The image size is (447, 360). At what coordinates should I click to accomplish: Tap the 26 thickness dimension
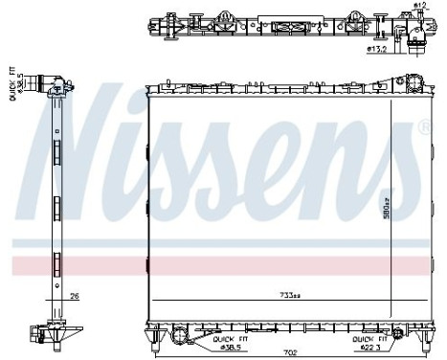74,297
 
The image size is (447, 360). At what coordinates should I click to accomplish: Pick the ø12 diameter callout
418,8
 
